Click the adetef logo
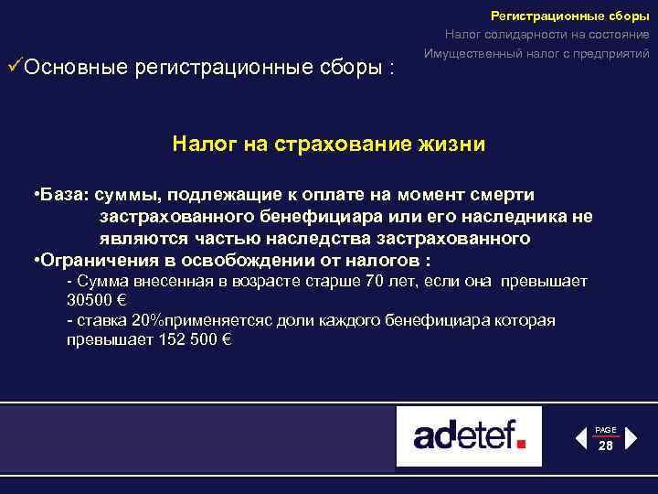(469, 435)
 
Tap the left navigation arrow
(581, 438)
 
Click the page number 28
(606, 446)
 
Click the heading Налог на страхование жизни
(328, 144)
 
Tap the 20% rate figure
(146, 320)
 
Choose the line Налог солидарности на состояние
(547, 35)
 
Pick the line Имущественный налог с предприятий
(536, 53)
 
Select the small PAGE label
(606, 429)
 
